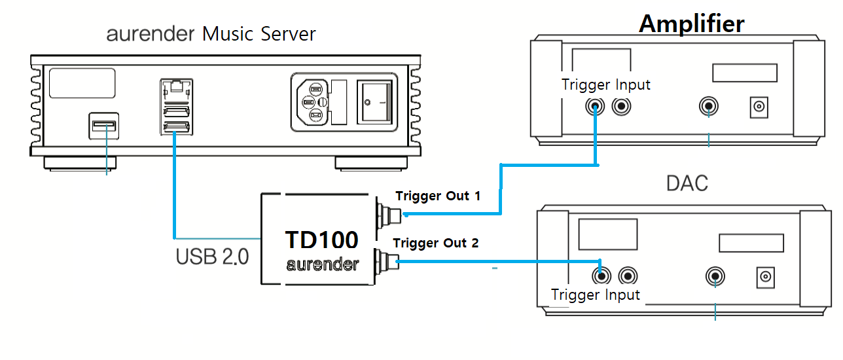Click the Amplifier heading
click(691, 24)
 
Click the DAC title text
click(687, 183)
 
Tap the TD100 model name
click(321, 240)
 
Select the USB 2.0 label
click(212, 257)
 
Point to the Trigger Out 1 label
click(438, 196)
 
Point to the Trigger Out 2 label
click(436, 243)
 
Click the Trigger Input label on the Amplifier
click(606, 84)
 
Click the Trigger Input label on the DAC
click(596, 295)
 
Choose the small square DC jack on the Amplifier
click(759, 107)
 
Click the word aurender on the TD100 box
click(322, 265)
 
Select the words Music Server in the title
click(259, 34)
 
